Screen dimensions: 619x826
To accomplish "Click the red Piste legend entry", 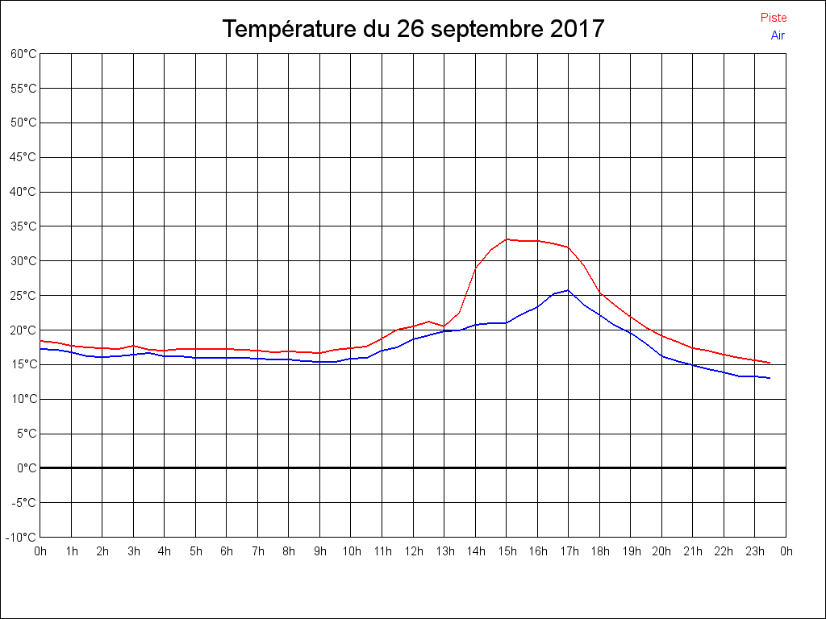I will click(x=774, y=18).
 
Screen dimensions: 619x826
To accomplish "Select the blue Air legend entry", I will click(x=778, y=35).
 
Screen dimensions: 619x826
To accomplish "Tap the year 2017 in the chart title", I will click(x=578, y=29).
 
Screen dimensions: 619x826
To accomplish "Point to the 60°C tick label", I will click(x=23, y=54).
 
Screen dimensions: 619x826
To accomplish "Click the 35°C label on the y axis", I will click(x=23, y=226).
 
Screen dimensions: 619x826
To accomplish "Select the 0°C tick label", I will click(x=27, y=467).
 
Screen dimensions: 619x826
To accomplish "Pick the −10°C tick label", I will click(x=22, y=537).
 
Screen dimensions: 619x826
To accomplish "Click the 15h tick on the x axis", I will click(x=507, y=551).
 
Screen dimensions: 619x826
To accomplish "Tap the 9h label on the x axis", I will click(x=320, y=551).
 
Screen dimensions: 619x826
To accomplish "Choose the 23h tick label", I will click(x=755, y=551).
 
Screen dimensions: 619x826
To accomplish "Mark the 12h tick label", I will click(x=413, y=551).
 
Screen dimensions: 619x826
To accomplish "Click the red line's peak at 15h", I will click(x=507, y=239).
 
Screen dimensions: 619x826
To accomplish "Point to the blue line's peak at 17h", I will click(x=569, y=290).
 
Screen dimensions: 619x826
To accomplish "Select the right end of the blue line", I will click(x=770, y=378).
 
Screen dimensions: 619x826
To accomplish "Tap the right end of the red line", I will click(x=770, y=363).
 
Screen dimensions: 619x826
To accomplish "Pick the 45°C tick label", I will click(x=23, y=157).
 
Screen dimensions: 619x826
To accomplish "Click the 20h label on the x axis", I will click(x=661, y=551).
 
